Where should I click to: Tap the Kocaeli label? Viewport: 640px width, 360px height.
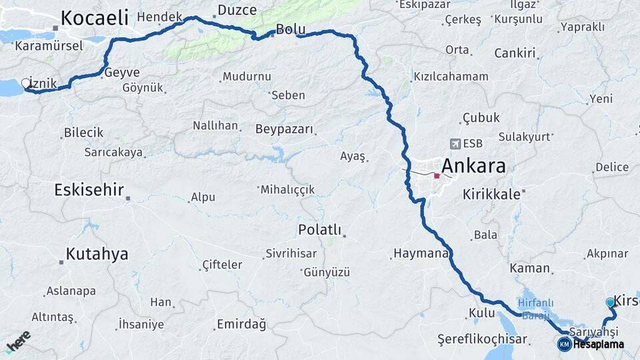(94, 18)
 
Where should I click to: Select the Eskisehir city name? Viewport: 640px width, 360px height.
(89, 190)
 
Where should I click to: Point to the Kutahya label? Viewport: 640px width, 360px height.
(97, 254)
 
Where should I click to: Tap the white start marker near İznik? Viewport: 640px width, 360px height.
(26, 83)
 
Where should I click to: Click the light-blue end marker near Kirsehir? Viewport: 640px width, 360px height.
(610, 303)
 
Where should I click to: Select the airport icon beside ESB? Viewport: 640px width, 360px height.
(455, 143)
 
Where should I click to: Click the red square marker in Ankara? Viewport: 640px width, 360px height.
(437, 176)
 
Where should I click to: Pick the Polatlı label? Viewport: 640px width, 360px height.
(319, 230)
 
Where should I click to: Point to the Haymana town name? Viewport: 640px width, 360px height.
(421, 254)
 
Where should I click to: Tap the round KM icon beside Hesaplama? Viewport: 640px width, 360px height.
(564, 344)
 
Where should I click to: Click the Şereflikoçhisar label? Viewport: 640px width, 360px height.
(482, 339)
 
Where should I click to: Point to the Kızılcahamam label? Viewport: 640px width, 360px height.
(451, 76)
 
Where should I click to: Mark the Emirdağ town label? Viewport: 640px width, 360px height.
(241, 325)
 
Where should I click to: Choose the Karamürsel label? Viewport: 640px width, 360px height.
(48, 46)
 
